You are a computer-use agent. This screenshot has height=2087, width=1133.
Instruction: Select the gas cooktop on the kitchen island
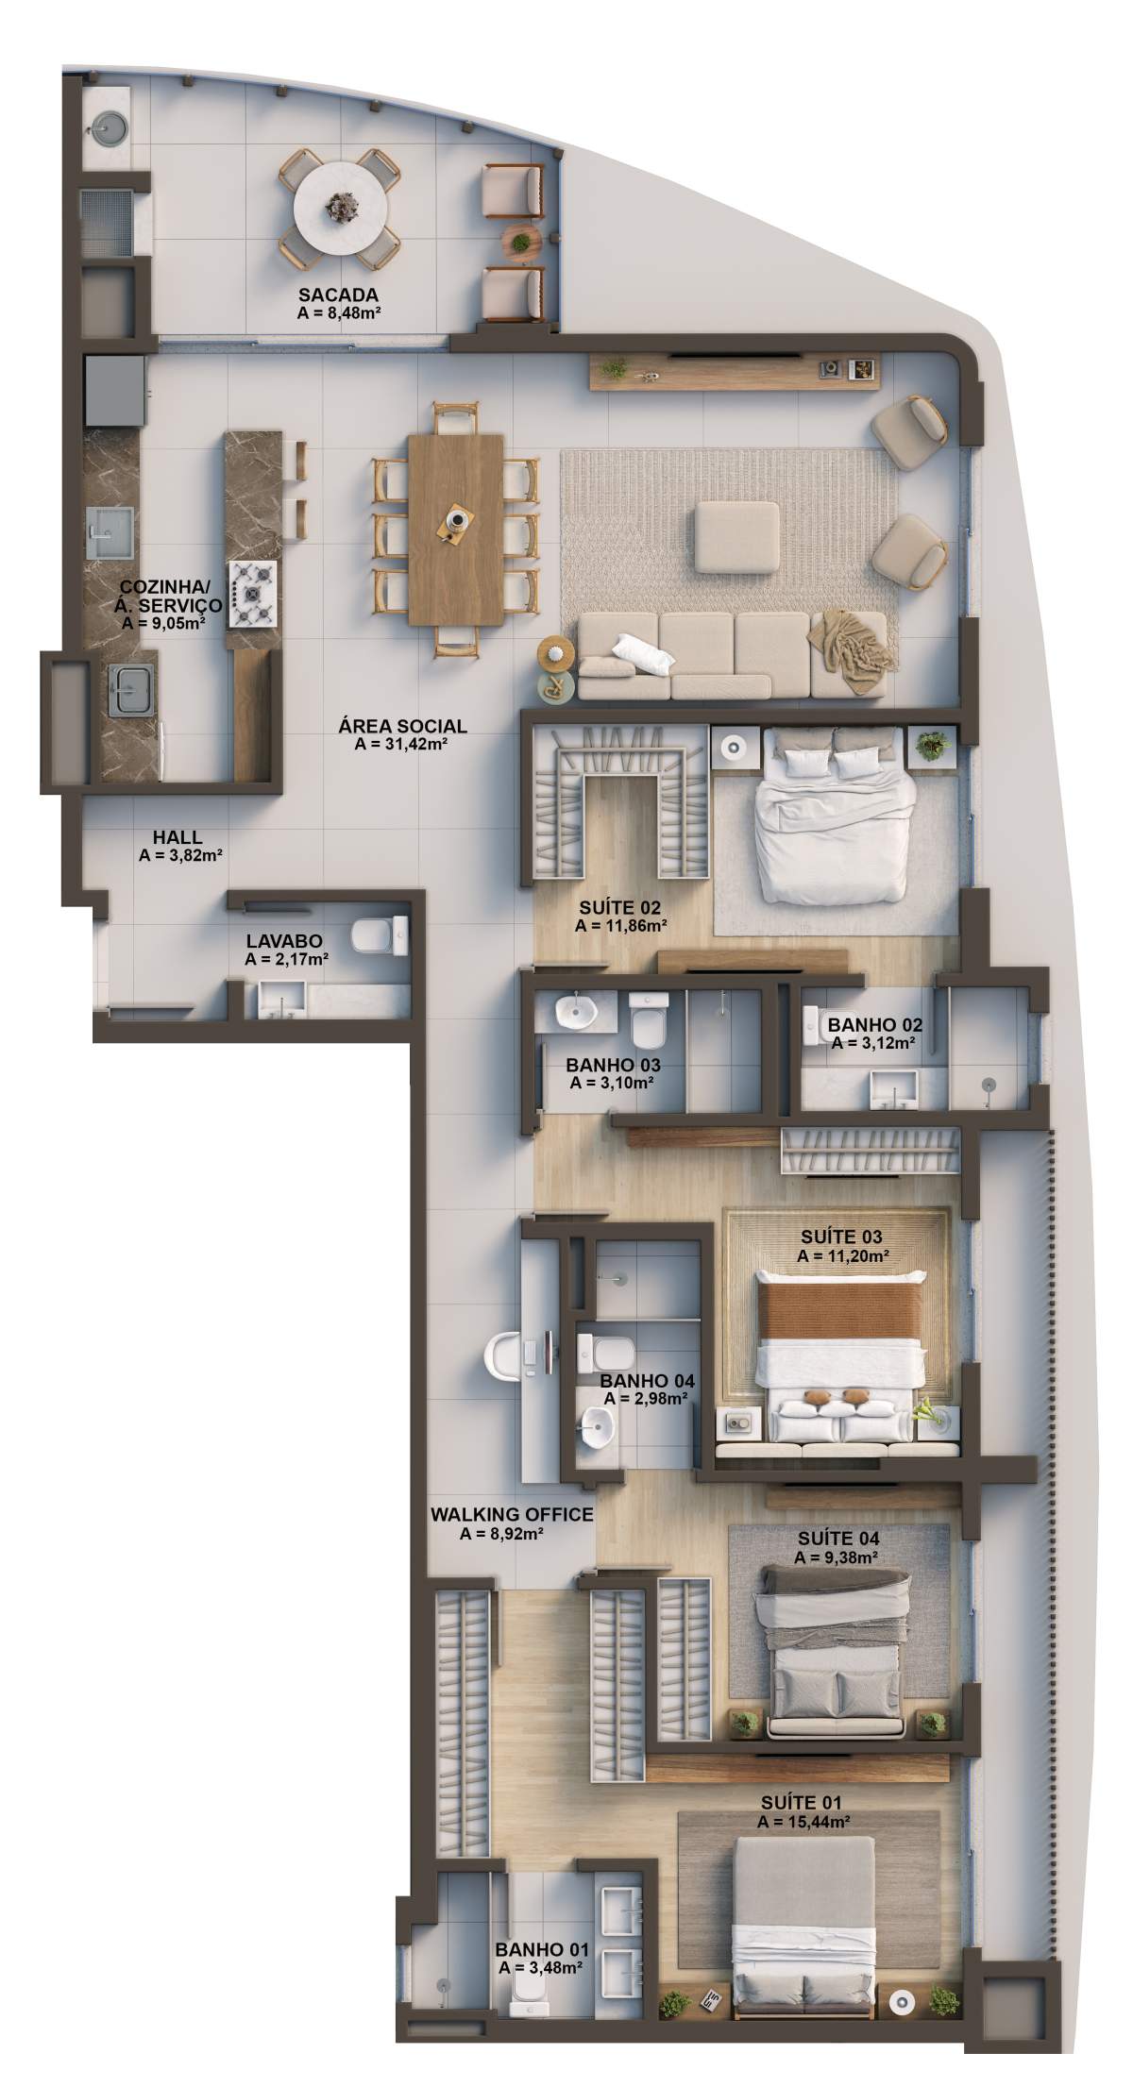point(254,593)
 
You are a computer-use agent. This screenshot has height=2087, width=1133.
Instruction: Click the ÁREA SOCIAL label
point(402,727)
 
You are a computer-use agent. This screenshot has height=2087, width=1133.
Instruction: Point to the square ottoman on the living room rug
point(737,536)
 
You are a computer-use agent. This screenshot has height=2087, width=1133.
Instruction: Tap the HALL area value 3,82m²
point(180,856)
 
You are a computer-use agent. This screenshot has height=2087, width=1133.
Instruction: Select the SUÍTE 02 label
point(619,908)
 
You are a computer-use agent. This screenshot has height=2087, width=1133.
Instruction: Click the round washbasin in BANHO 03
point(573,1013)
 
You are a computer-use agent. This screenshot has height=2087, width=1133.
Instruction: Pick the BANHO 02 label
point(875,1025)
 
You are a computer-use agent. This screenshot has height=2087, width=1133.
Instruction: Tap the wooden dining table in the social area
point(457,529)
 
